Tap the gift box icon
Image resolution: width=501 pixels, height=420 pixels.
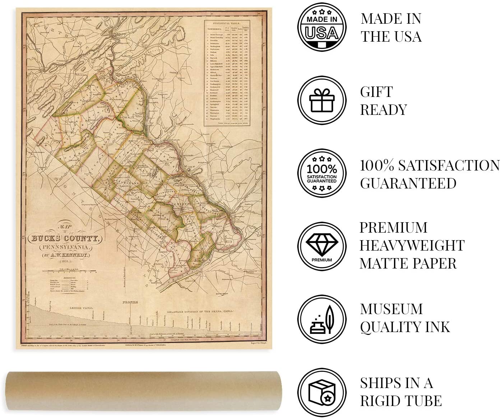(322, 101)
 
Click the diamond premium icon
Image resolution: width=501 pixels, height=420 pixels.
(322, 246)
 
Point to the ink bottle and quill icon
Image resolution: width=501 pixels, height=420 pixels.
(322, 319)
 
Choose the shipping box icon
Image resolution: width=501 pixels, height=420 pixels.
(322, 392)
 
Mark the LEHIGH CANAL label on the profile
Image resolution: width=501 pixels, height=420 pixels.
(81, 308)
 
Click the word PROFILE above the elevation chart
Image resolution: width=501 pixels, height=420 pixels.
(130, 303)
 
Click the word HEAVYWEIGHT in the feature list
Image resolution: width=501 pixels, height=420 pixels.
(412, 246)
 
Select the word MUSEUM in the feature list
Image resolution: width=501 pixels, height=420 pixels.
(391, 309)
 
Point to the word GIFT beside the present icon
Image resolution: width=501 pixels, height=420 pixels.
(376, 92)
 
